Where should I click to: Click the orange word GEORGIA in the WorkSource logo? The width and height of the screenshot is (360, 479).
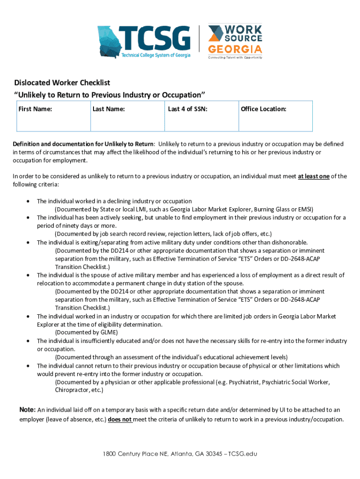point(235,49)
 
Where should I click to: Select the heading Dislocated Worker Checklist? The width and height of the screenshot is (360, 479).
point(62,83)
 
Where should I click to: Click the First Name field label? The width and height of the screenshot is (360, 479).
point(35,109)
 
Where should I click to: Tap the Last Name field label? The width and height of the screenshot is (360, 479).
point(108,109)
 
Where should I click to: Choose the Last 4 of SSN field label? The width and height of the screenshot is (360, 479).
point(187,109)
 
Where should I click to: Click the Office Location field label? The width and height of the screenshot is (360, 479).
point(263,109)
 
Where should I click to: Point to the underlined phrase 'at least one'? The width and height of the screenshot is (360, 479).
point(314,176)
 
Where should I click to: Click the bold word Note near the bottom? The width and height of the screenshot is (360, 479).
point(27,410)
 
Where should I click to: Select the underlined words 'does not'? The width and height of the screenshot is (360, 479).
point(120,420)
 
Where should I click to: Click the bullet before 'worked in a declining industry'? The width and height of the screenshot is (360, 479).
point(29,201)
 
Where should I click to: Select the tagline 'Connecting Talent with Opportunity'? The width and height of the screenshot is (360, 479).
point(235,58)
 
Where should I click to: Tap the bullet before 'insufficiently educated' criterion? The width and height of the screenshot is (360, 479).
point(29,341)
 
